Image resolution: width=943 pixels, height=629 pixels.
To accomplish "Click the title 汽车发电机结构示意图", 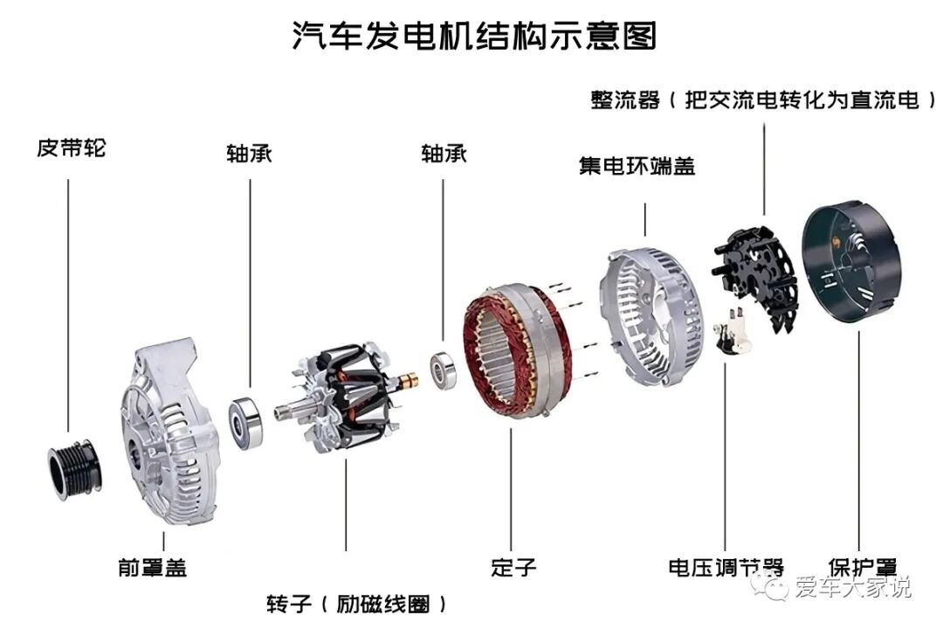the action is [x=472, y=37].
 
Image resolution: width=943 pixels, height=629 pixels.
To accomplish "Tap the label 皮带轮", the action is [x=71, y=148].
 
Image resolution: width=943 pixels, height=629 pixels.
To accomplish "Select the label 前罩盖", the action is [x=152, y=567].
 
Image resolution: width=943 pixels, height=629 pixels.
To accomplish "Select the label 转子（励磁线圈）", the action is [x=358, y=604].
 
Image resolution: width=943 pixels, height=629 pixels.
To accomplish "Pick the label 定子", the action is [x=513, y=567].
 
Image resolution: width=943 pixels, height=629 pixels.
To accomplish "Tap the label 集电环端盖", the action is [x=637, y=166].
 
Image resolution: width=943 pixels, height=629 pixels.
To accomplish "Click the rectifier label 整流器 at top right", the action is [x=624, y=101].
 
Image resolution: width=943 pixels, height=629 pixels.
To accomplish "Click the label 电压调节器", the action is [x=726, y=567].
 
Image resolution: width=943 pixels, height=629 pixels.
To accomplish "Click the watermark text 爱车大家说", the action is [x=852, y=587].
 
